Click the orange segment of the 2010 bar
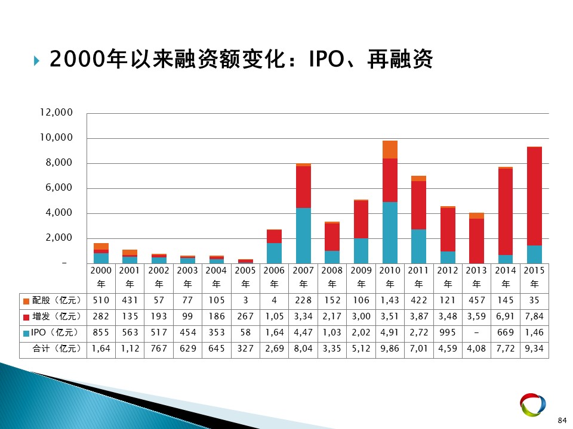click(x=390, y=150)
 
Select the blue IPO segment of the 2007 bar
click(x=303, y=236)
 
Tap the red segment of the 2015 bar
click(x=534, y=196)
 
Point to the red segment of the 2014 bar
click(x=506, y=212)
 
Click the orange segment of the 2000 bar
click(x=101, y=247)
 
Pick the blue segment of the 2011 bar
click(x=419, y=246)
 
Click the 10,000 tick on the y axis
click(x=56, y=138)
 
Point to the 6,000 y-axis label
click(x=59, y=188)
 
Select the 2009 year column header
click(x=361, y=277)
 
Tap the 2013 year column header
click(x=476, y=277)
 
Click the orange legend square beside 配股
click(x=26, y=301)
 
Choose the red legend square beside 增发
click(x=26, y=318)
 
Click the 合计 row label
click(x=57, y=349)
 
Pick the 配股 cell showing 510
click(x=101, y=300)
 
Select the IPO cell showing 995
click(x=448, y=332)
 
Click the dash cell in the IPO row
click(x=476, y=332)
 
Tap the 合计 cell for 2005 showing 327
click(x=245, y=349)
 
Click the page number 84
click(x=562, y=420)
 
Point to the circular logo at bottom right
click(x=533, y=404)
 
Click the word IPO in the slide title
click(x=326, y=59)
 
